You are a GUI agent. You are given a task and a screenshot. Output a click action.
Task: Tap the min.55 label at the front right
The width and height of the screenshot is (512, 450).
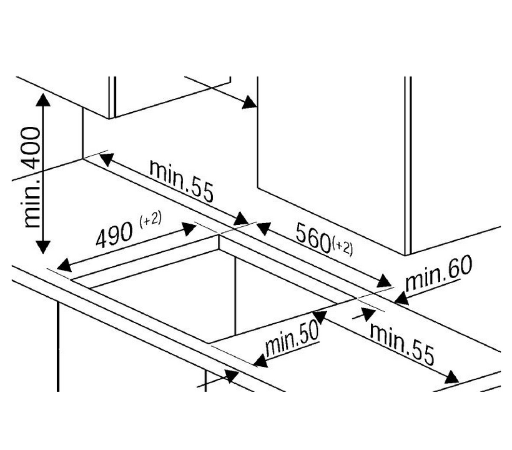tap(401, 342)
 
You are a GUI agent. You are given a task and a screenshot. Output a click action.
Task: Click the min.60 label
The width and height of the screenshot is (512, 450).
tap(439, 273)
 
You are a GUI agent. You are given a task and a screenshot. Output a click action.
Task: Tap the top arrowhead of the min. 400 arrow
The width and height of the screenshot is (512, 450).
tap(42, 99)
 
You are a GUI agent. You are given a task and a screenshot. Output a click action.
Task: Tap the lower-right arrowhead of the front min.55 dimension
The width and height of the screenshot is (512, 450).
tap(451, 377)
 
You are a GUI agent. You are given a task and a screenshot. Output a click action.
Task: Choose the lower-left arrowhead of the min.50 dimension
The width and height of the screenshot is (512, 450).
tap(258, 361)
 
